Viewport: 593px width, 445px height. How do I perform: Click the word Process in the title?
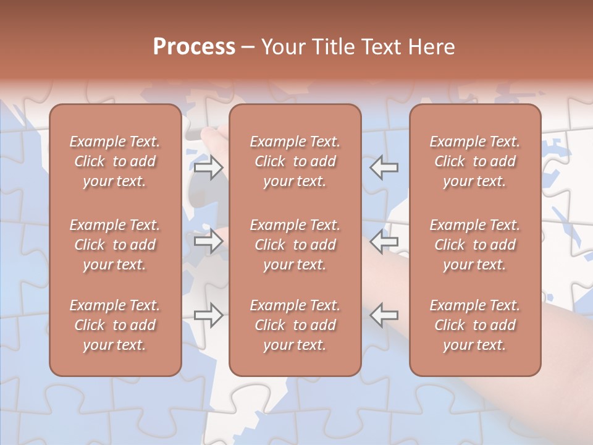point(194,47)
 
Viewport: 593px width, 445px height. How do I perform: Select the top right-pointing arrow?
point(209,167)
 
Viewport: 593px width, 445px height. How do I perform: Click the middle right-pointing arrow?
point(209,242)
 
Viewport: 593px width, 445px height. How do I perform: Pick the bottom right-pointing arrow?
point(209,315)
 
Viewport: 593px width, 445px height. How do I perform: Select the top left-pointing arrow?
point(384,167)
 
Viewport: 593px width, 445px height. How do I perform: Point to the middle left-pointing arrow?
point(384,242)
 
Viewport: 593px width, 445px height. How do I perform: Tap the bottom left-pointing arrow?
point(384,315)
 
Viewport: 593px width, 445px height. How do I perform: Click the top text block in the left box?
point(115,161)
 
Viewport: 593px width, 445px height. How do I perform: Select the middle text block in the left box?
point(115,245)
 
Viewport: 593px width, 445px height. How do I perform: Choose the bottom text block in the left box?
point(115,325)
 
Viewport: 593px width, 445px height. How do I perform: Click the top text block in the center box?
point(295,161)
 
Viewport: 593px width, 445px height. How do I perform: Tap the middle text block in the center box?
point(295,245)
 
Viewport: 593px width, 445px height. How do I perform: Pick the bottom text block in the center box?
point(295,325)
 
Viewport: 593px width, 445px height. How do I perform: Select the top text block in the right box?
point(475,161)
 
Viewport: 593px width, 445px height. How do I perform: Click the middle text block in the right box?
point(475,245)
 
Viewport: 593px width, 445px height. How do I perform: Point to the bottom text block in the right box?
point(475,325)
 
